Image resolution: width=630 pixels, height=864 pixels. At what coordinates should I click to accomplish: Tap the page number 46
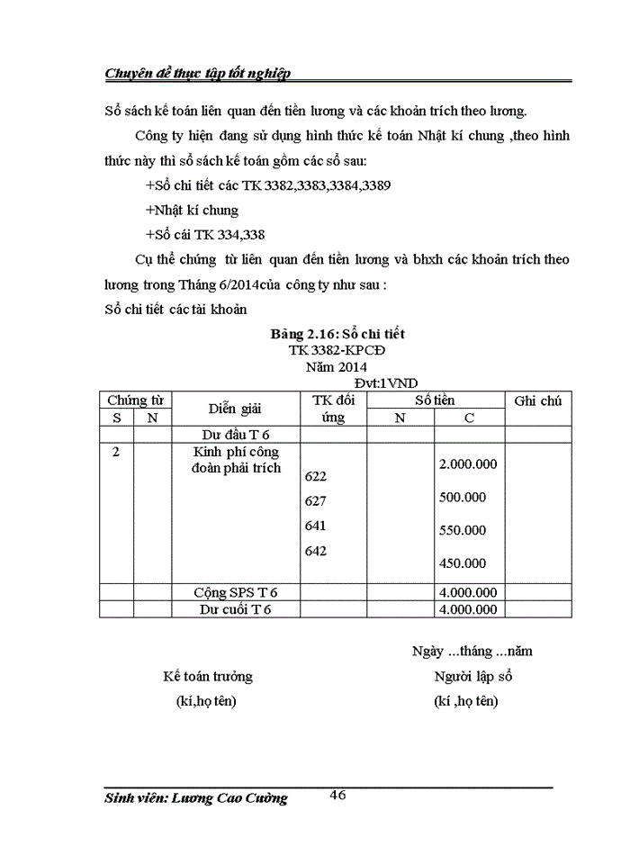click(x=338, y=794)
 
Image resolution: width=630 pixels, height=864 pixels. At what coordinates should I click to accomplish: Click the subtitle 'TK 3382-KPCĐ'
click(x=331, y=349)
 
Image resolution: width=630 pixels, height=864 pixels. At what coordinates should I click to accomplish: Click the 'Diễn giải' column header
click(x=235, y=409)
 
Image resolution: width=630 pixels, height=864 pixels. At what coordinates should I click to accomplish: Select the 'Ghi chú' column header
click(x=537, y=400)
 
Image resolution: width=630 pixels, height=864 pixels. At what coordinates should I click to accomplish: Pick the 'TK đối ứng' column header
click(x=333, y=409)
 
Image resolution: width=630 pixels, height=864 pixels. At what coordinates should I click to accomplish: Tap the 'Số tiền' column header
click(x=435, y=400)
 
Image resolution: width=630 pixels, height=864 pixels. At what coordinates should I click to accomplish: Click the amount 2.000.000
click(x=468, y=463)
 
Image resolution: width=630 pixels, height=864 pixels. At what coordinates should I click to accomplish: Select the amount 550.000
click(x=463, y=530)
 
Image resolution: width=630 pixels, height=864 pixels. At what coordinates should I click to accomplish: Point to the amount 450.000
click(x=463, y=563)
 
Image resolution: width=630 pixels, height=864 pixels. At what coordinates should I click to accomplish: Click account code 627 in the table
click(x=316, y=500)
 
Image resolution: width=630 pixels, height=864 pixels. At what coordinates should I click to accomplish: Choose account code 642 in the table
click(x=316, y=551)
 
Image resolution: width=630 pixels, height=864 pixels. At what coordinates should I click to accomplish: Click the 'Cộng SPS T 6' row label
click(x=236, y=592)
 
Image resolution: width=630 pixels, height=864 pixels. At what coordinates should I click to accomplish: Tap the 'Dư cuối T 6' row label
click(x=236, y=609)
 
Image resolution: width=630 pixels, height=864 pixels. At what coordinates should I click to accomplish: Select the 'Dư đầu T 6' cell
click(x=236, y=435)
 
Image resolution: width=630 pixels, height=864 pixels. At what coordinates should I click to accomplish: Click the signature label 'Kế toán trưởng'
click(x=207, y=676)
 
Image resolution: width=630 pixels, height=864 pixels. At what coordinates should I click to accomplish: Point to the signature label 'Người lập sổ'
click(x=472, y=676)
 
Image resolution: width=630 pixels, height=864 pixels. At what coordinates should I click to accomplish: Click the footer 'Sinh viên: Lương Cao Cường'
click(x=196, y=798)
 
